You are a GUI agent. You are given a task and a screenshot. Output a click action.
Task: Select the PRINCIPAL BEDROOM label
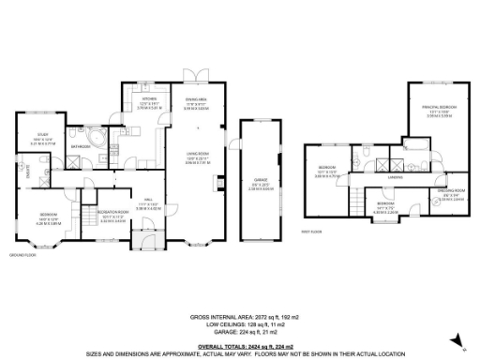point(439,108)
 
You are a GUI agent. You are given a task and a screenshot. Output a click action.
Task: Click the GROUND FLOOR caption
point(22,254)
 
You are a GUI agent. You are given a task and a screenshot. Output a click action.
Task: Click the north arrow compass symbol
point(466,351)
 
